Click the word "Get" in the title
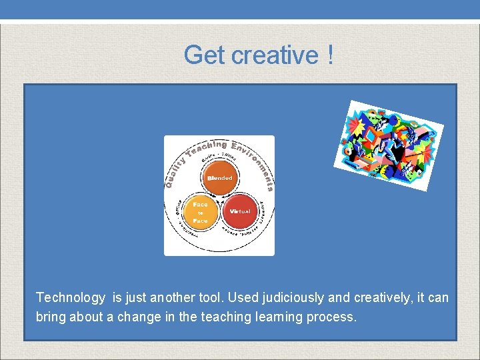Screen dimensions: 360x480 click(x=205, y=55)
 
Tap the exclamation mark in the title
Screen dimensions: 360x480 click(x=331, y=55)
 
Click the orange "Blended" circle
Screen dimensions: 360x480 click(x=219, y=178)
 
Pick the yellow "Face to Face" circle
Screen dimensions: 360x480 click(x=200, y=213)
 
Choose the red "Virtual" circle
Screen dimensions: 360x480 click(x=239, y=211)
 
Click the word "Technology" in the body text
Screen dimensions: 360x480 click(x=71, y=297)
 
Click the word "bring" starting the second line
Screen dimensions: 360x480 click(x=50, y=317)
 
